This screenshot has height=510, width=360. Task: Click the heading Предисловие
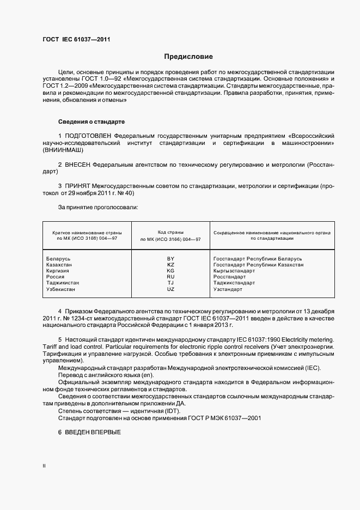pyautogui.click(x=188, y=57)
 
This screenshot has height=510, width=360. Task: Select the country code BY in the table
pyautogui.click(x=170, y=258)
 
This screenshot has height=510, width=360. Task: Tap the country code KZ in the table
pyautogui.click(x=170, y=264)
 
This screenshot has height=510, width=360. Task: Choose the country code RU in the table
pyautogui.click(x=170, y=277)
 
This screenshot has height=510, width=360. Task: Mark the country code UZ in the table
pyautogui.click(x=170, y=289)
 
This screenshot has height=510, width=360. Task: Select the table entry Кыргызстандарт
pyautogui.click(x=234, y=271)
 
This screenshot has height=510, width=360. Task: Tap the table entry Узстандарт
pyautogui.click(x=228, y=289)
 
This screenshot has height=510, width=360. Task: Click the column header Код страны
pyautogui.click(x=170, y=232)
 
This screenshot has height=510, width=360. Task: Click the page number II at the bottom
pyautogui.click(x=44, y=466)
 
